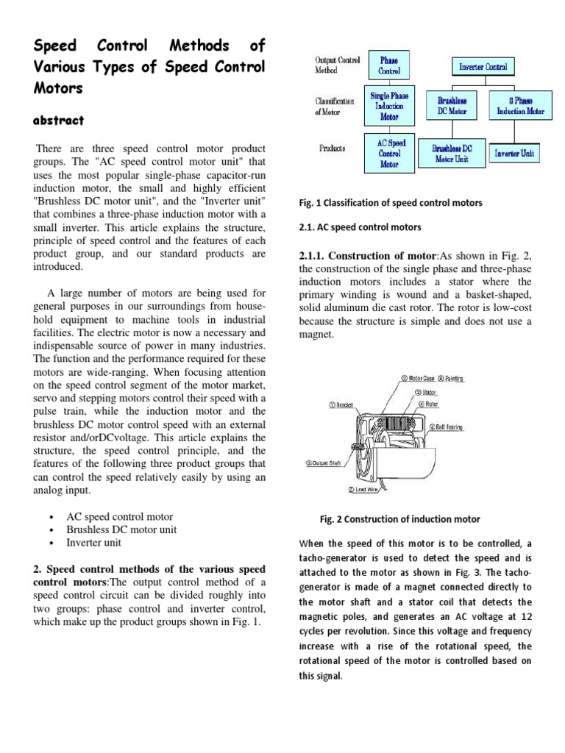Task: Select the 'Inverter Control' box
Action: click(x=483, y=67)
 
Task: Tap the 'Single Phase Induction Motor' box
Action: click(x=389, y=106)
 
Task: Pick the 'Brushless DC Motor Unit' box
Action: click(x=452, y=153)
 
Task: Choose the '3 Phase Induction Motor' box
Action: click(x=520, y=106)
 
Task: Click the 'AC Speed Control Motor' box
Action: click(x=389, y=153)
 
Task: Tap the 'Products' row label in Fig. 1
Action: click(x=333, y=148)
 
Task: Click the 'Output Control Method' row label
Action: click(x=337, y=65)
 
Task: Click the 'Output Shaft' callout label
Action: click(x=327, y=463)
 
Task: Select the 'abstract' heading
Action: click(x=59, y=120)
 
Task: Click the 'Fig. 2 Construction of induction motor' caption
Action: click(x=399, y=519)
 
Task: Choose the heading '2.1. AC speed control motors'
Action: click(x=360, y=227)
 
